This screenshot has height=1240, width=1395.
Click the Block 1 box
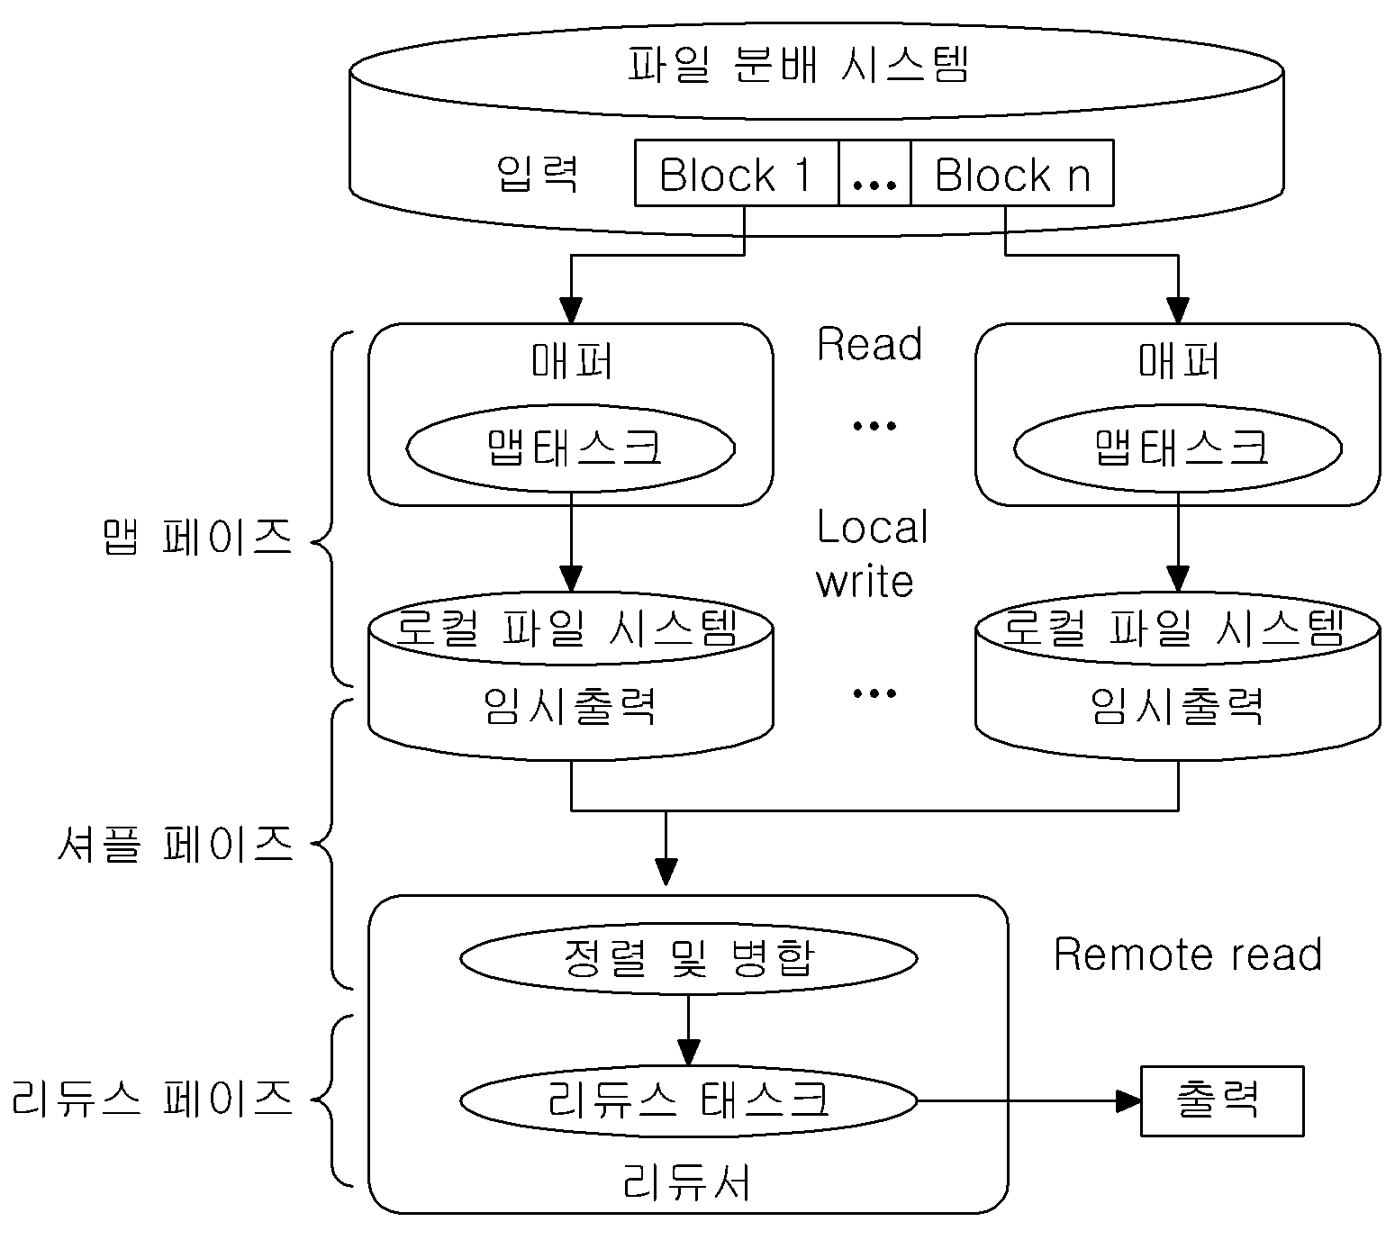click(736, 173)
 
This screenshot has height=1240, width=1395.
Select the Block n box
click(1011, 173)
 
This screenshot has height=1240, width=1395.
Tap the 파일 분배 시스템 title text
click(798, 65)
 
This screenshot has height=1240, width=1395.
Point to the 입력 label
click(537, 174)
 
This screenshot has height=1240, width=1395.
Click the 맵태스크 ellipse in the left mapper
click(571, 448)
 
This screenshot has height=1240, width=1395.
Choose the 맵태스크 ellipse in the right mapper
click(1178, 448)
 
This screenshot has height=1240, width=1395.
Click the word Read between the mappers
click(869, 344)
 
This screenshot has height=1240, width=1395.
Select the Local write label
click(872, 554)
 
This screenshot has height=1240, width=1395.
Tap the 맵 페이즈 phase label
click(197, 537)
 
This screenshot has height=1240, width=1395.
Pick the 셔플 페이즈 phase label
click(176, 844)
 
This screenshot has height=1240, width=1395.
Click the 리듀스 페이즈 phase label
click(152, 1098)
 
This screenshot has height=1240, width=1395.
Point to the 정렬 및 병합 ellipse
click(689, 958)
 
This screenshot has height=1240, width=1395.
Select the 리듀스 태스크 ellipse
click(689, 1100)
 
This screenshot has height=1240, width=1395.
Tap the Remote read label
click(1188, 955)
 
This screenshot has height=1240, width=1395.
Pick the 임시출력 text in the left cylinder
click(570, 706)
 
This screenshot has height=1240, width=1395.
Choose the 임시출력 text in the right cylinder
click(1177, 706)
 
